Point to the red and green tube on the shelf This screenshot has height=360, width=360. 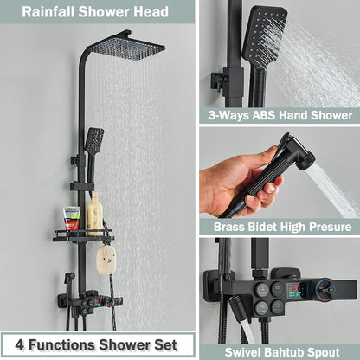[72, 217]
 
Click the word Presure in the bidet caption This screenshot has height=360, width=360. [331, 227]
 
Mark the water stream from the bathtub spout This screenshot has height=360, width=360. [248, 328]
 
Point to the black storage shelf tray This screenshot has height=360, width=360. [82, 235]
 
